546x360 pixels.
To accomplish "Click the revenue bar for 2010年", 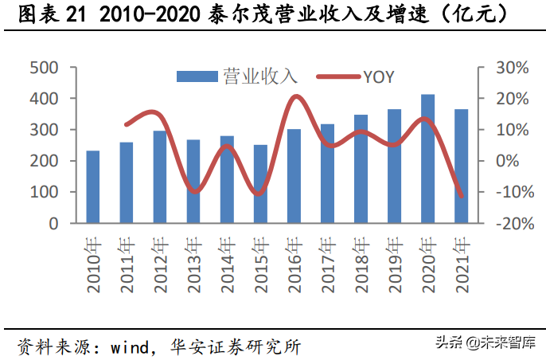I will tap(93, 187).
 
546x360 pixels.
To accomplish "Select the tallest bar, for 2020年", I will tap(427, 159).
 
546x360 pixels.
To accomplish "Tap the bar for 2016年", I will tap(294, 176).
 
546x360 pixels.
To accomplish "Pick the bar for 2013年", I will tap(193, 182).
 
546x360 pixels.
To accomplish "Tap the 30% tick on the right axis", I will tap(508, 68).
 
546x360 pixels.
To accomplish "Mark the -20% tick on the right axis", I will tap(506, 223).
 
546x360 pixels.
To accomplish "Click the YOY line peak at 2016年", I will tap(295, 97).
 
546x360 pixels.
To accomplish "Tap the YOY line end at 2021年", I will tap(461, 196).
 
